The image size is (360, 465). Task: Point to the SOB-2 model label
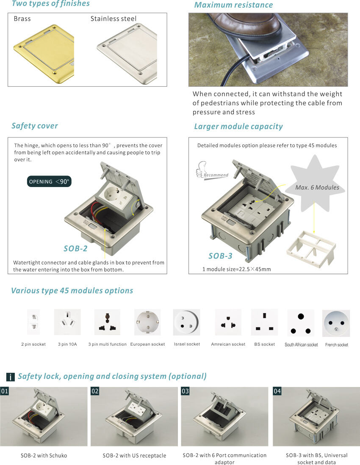click(75, 249)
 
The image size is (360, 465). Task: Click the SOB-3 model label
click(220, 256)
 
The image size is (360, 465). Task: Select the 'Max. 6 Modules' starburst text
click(317, 187)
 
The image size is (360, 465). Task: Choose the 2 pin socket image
click(33, 322)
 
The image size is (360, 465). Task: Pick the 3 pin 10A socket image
click(67, 322)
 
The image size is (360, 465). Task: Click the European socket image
click(147, 322)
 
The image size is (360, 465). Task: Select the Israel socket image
click(186, 322)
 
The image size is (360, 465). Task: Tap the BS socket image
click(264, 322)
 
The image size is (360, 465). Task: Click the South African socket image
click(301, 323)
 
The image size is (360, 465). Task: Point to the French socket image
click(336, 323)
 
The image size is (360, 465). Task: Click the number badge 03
click(185, 391)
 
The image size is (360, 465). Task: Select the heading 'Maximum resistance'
click(233, 5)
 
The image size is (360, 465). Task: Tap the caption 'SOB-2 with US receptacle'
click(134, 456)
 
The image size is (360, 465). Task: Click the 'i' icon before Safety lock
click(11, 377)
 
